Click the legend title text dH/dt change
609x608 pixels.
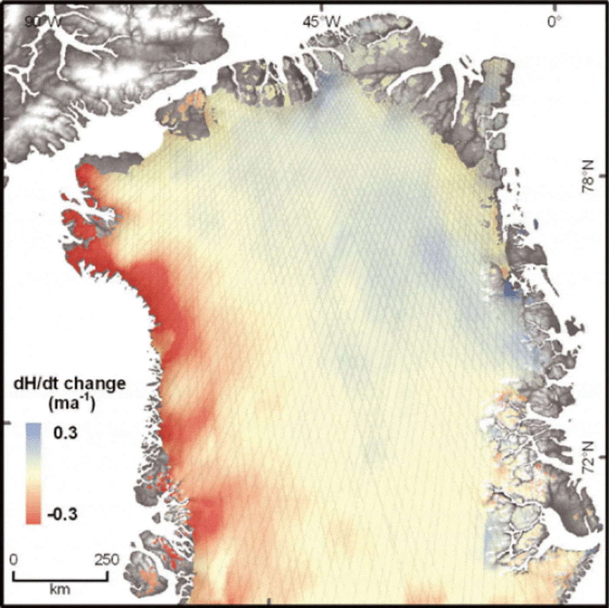point(70,384)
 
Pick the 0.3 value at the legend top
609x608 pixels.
point(65,433)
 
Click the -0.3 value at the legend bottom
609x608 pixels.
point(63,514)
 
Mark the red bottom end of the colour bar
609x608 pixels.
point(33,518)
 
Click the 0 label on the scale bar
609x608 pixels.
point(14,559)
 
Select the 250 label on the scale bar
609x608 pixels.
point(107,559)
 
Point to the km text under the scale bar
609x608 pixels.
point(60,590)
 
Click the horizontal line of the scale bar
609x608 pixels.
point(60,579)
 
